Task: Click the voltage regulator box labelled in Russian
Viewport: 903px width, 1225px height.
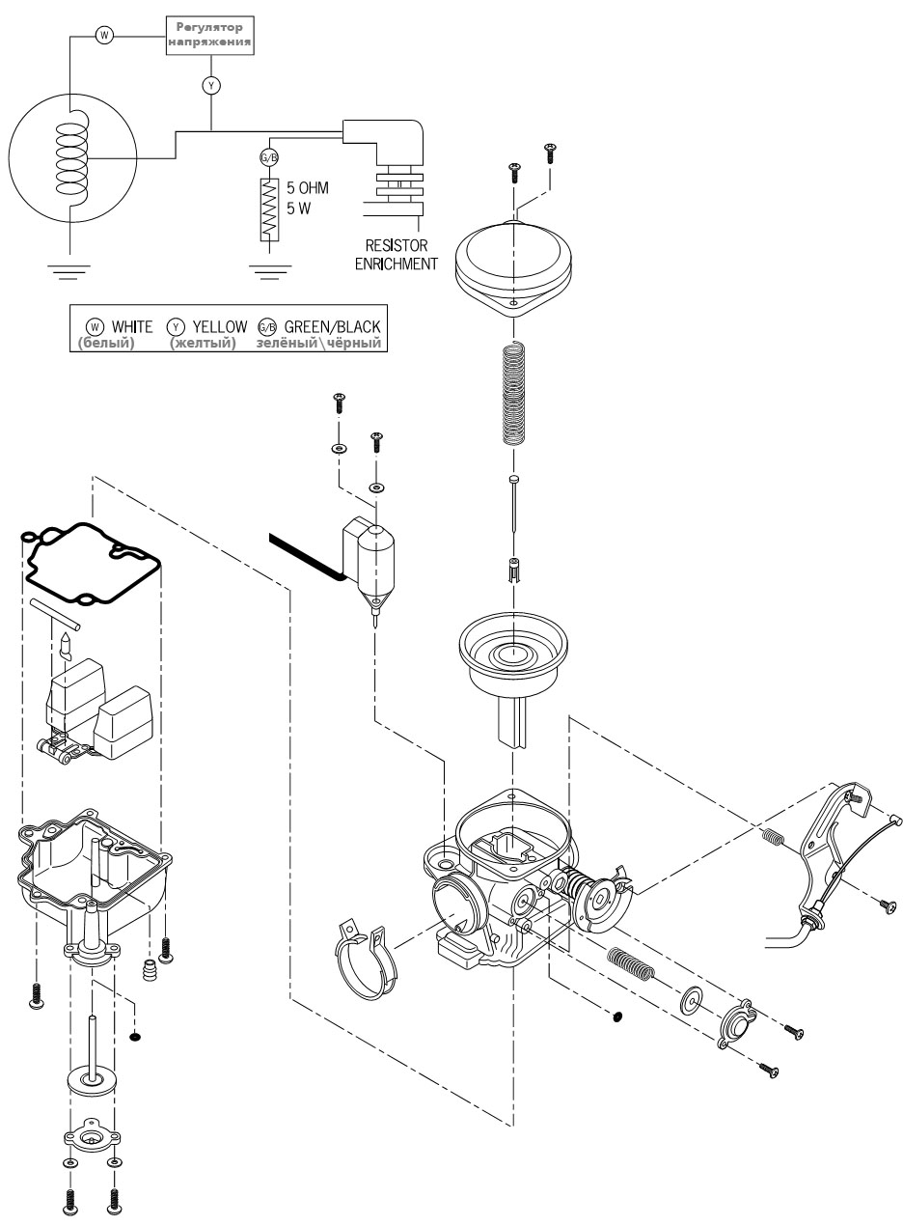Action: [210, 35]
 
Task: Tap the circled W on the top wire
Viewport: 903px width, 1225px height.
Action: [104, 36]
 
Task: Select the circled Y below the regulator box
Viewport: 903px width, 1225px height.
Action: [211, 85]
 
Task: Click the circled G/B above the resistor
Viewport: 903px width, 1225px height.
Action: [269, 158]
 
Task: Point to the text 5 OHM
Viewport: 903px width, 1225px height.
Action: [308, 188]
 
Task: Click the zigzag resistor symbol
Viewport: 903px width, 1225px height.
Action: [269, 210]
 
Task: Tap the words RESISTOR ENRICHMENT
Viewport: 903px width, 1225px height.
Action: [397, 254]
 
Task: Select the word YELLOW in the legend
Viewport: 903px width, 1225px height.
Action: [220, 327]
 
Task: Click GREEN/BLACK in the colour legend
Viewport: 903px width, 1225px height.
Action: [332, 327]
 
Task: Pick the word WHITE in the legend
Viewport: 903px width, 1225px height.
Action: [132, 327]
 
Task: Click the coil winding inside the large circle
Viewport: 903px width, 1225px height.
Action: [72, 158]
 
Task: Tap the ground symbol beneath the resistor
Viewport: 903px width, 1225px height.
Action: [269, 272]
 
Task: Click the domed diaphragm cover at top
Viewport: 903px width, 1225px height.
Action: [513, 268]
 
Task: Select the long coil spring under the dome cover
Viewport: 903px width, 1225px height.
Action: [513, 392]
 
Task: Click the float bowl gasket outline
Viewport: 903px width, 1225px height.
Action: [90, 564]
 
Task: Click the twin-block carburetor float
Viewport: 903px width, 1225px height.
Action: [96, 710]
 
